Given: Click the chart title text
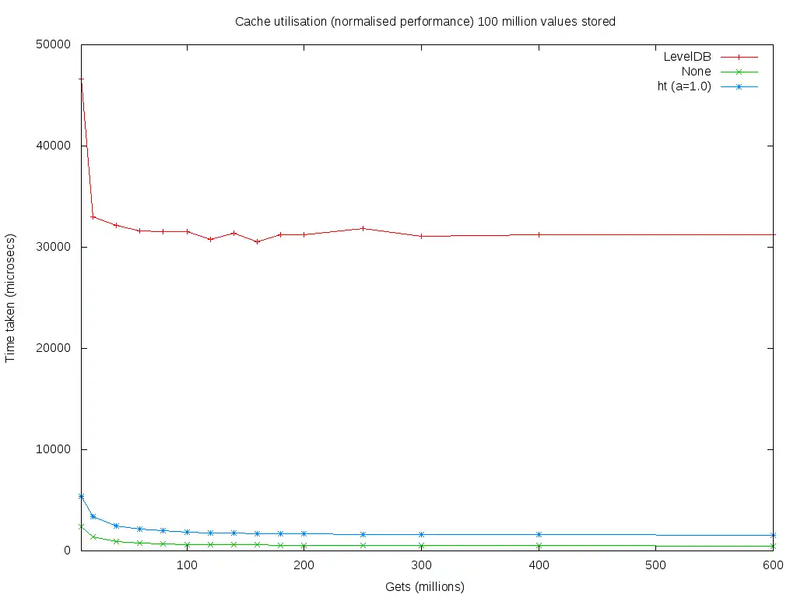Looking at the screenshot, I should click(x=425, y=22).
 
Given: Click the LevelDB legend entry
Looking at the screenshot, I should click(x=686, y=57).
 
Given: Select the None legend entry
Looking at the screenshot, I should click(x=696, y=72).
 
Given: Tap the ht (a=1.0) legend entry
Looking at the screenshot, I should click(x=684, y=86).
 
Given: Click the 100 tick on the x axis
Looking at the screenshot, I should click(x=187, y=565).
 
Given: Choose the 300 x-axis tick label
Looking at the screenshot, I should click(x=421, y=565).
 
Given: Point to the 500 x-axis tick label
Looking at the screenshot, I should click(x=655, y=565).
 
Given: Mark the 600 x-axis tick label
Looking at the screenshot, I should click(x=772, y=565).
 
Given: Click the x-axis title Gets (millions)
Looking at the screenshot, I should click(x=425, y=586).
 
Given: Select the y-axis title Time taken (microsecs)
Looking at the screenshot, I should click(x=11, y=297).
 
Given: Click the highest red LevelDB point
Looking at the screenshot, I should click(x=81, y=79).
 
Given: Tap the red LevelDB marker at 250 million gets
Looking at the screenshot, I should click(x=363, y=228).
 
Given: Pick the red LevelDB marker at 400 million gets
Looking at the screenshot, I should click(x=539, y=234).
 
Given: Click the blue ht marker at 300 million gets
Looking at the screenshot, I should click(x=421, y=534).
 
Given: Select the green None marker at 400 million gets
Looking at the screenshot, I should click(x=539, y=545).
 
